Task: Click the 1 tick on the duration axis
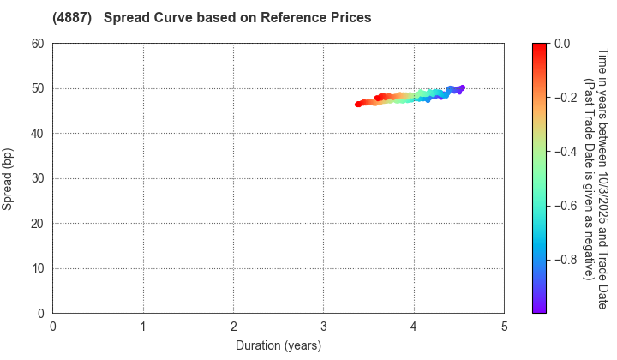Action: point(143,327)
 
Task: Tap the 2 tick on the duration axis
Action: point(234,327)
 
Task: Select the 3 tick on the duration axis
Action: point(324,327)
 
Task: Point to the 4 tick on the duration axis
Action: point(414,327)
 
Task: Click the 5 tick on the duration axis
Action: point(504,327)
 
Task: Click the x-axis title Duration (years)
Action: point(279,345)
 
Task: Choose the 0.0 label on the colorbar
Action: point(563,44)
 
